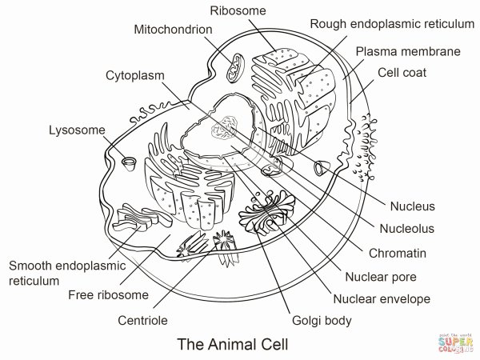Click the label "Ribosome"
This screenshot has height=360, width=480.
[238, 10]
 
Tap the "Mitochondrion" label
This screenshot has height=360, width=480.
[173, 30]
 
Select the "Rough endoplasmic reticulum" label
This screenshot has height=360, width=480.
[391, 24]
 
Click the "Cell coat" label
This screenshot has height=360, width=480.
[402, 72]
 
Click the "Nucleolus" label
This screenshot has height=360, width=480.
[406, 228]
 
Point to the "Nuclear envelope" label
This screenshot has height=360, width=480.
[387, 299]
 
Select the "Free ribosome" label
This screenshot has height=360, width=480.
[108, 295]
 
